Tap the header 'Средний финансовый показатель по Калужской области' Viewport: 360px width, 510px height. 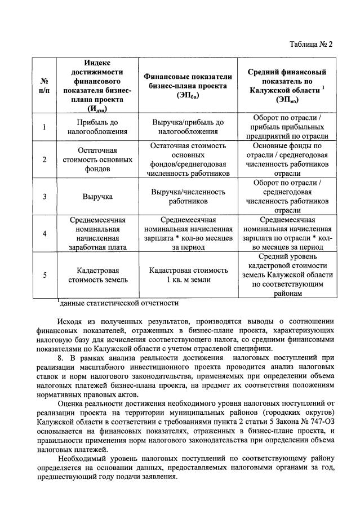[287, 86]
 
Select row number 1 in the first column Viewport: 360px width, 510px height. [45, 127]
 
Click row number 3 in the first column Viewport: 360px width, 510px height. [45, 197]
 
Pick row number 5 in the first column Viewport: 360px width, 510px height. [45, 274]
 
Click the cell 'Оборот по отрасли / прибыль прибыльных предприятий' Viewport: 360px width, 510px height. [287, 127]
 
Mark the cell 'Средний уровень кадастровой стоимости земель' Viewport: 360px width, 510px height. [287, 274]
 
